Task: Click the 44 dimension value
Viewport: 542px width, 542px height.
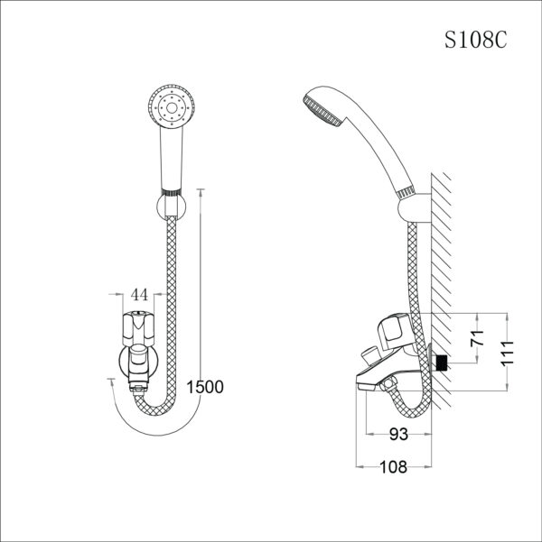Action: click(140, 295)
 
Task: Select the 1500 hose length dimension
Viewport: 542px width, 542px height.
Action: click(204, 387)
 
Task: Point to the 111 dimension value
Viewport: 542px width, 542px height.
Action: click(510, 350)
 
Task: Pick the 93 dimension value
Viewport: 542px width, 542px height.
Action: click(398, 434)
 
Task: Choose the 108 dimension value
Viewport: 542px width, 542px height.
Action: click(393, 466)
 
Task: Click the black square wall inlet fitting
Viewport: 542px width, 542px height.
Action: click(442, 363)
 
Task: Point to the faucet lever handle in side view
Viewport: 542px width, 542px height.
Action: click(395, 329)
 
